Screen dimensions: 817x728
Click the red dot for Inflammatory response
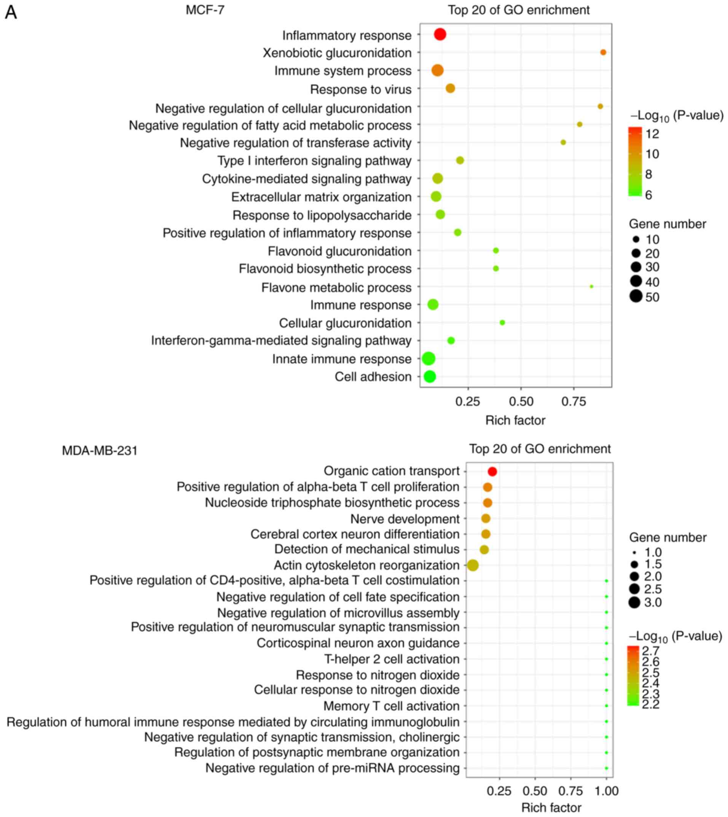(440, 34)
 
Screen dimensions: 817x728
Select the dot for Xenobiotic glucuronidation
(603, 53)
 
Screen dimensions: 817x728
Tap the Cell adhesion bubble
(429, 376)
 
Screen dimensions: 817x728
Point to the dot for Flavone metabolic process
(591, 286)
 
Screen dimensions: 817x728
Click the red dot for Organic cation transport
(492, 472)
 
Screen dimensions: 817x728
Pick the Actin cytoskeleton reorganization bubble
(472, 565)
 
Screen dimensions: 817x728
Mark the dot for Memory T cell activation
(606, 706)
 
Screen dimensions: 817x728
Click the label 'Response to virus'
(360, 89)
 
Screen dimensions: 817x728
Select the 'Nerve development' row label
(405, 519)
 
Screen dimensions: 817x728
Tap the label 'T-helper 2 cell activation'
(392, 659)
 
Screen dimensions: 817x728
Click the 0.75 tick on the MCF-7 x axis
(573, 401)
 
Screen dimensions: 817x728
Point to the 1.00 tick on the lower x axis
(606, 791)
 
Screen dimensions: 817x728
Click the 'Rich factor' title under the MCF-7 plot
(515, 420)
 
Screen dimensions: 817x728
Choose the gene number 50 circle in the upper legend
(636, 297)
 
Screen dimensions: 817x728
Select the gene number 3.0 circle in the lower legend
(634, 602)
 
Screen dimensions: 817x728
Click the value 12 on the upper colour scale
(652, 134)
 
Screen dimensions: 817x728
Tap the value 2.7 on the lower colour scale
(650, 651)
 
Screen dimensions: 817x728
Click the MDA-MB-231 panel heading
(100, 451)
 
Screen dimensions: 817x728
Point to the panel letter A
(11, 13)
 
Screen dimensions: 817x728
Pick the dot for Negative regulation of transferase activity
(563, 142)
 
